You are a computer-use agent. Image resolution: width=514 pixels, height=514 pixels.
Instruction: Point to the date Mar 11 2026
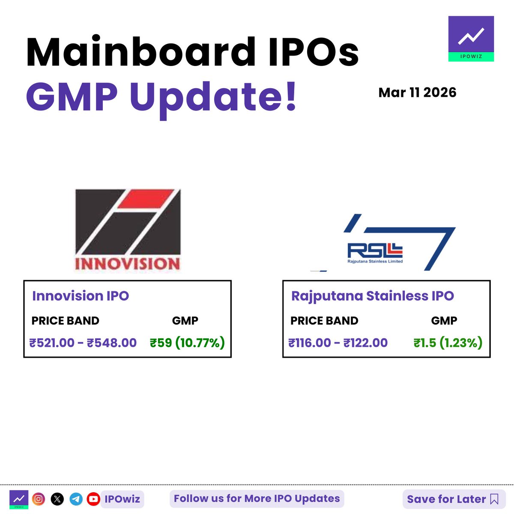click(417, 93)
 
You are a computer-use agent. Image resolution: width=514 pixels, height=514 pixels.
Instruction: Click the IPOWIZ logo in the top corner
click(471, 39)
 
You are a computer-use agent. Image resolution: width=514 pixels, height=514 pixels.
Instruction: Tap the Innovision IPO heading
click(81, 296)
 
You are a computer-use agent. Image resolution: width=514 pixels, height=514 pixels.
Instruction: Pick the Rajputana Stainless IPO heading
click(372, 296)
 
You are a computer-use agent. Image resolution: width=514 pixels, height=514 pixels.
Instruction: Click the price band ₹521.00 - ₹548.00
click(83, 343)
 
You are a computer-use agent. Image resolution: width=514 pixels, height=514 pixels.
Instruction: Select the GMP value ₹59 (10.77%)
click(187, 343)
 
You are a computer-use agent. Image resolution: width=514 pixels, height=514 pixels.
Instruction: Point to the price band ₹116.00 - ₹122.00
click(338, 343)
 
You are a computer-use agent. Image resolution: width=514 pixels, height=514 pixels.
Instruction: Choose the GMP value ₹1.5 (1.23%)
click(448, 343)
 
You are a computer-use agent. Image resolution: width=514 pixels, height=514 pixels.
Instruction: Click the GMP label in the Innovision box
click(185, 321)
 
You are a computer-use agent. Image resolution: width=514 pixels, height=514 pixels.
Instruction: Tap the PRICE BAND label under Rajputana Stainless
click(324, 321)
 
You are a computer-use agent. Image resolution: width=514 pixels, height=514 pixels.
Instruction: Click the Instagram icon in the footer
click(39, 499)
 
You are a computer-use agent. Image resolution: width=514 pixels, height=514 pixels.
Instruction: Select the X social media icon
click(57, 499)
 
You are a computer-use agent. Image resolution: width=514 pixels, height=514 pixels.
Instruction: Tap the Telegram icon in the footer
click(76, 499)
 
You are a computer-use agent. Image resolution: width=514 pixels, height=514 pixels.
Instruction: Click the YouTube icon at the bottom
click(93, 499)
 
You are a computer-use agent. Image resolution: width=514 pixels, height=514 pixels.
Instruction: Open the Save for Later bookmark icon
click(494, 499)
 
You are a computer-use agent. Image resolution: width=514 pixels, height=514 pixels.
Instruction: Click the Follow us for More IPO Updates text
click(257, 499)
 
